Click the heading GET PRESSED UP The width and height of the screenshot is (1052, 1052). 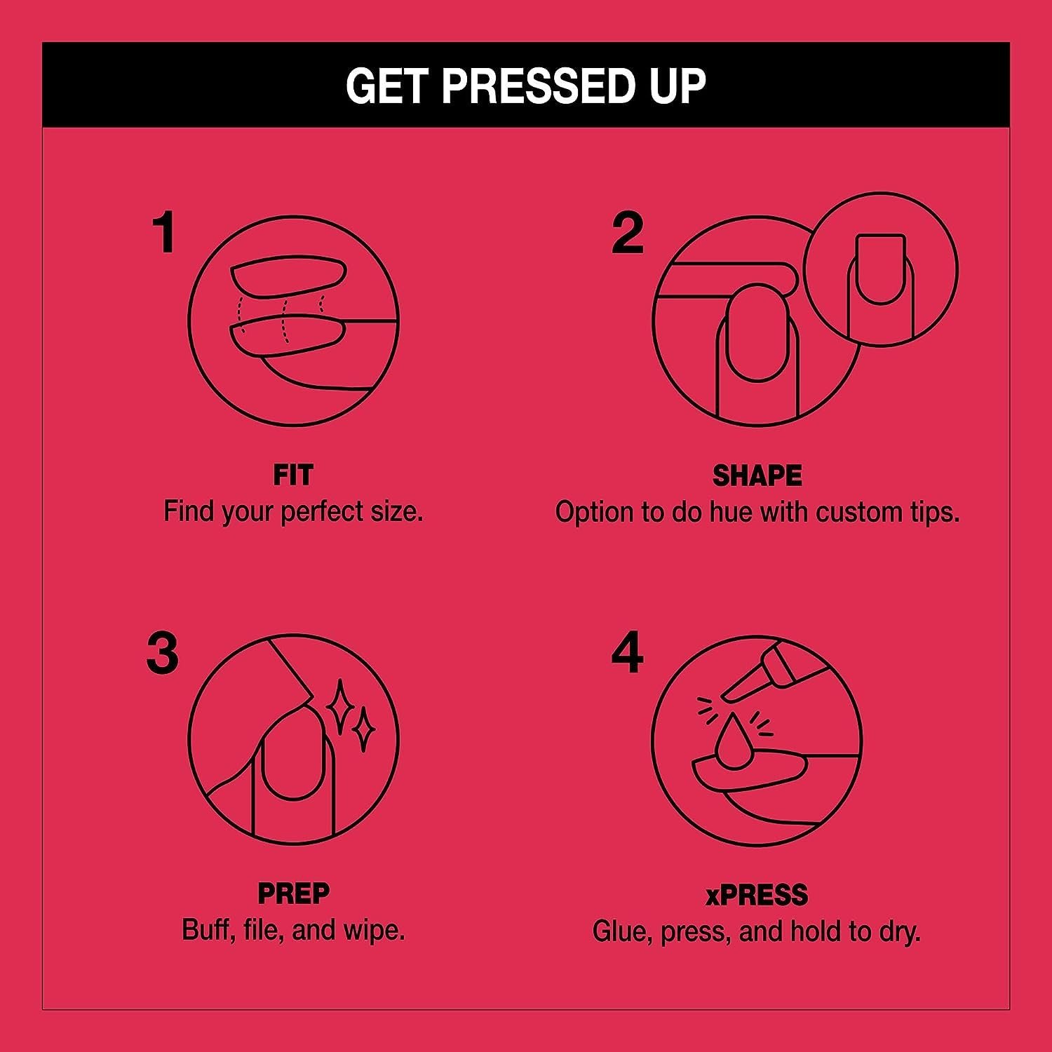525,86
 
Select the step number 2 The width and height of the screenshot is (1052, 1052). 627,234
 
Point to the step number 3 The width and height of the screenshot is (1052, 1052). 163,654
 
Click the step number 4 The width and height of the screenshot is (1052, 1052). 627,654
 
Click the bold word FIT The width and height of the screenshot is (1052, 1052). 293,476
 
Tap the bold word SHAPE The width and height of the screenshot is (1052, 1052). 757,476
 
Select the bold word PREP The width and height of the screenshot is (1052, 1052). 293,894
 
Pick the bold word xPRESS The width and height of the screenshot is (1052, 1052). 757,896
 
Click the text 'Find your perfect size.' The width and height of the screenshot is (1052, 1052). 293,511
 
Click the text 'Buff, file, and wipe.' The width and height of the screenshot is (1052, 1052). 293,930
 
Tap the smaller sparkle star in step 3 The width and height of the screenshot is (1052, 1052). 364,729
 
